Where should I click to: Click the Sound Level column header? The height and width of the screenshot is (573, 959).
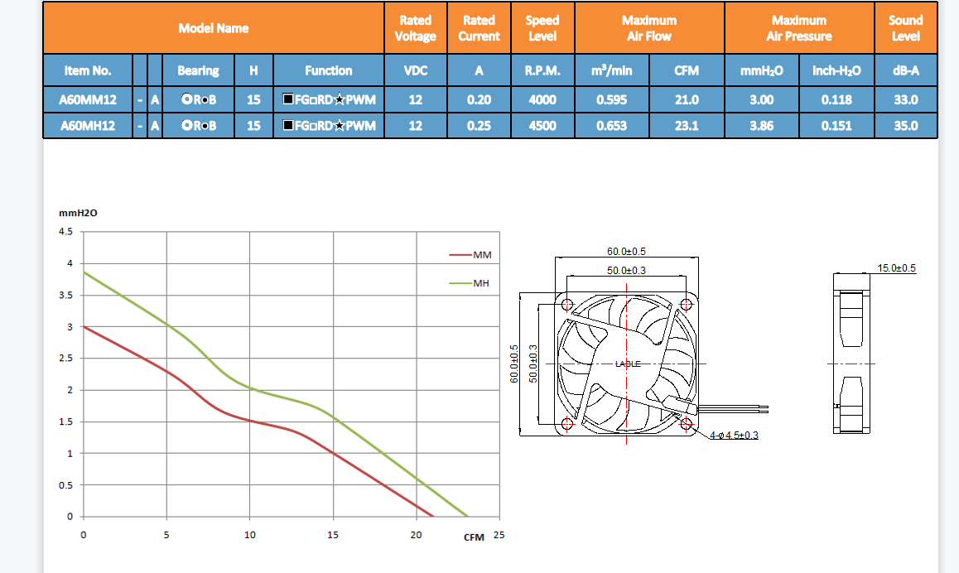click(x=905, y=28)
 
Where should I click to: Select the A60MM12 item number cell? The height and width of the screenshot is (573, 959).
click(x=87, y=99)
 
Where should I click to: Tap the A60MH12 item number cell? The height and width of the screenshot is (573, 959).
click(x=87, y=126)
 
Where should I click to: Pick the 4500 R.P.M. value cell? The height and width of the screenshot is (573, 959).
click(x=542, y=126)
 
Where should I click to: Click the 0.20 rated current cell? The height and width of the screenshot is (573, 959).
click(x=479, y=99)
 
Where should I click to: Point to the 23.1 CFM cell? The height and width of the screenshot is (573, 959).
click(x=687, y=126)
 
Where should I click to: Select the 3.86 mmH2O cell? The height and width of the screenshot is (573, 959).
click(x=761, y=126)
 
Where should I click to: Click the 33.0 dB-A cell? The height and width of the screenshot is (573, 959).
click(x=905, y=99)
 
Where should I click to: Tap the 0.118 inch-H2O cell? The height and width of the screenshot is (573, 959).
click(x=836, y=99)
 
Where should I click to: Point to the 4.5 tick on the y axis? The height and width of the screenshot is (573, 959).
click(x=65, y=232)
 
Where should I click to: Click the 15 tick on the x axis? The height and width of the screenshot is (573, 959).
click(x=333, y=535)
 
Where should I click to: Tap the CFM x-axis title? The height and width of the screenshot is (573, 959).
click(x=474, y=537)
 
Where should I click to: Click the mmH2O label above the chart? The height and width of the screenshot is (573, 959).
click(x=78, y=213)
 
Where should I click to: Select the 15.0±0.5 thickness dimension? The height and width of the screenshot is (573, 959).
click(x=896, y=268)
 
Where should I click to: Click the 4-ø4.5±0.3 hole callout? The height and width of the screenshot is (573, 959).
click(x=734, y=436)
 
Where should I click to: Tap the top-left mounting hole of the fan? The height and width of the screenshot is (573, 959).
click(x=567, y=304)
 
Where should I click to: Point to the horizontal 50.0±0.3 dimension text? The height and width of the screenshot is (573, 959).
click(x=626, y=271)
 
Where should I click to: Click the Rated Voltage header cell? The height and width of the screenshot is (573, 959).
click(x=415, y=28)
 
